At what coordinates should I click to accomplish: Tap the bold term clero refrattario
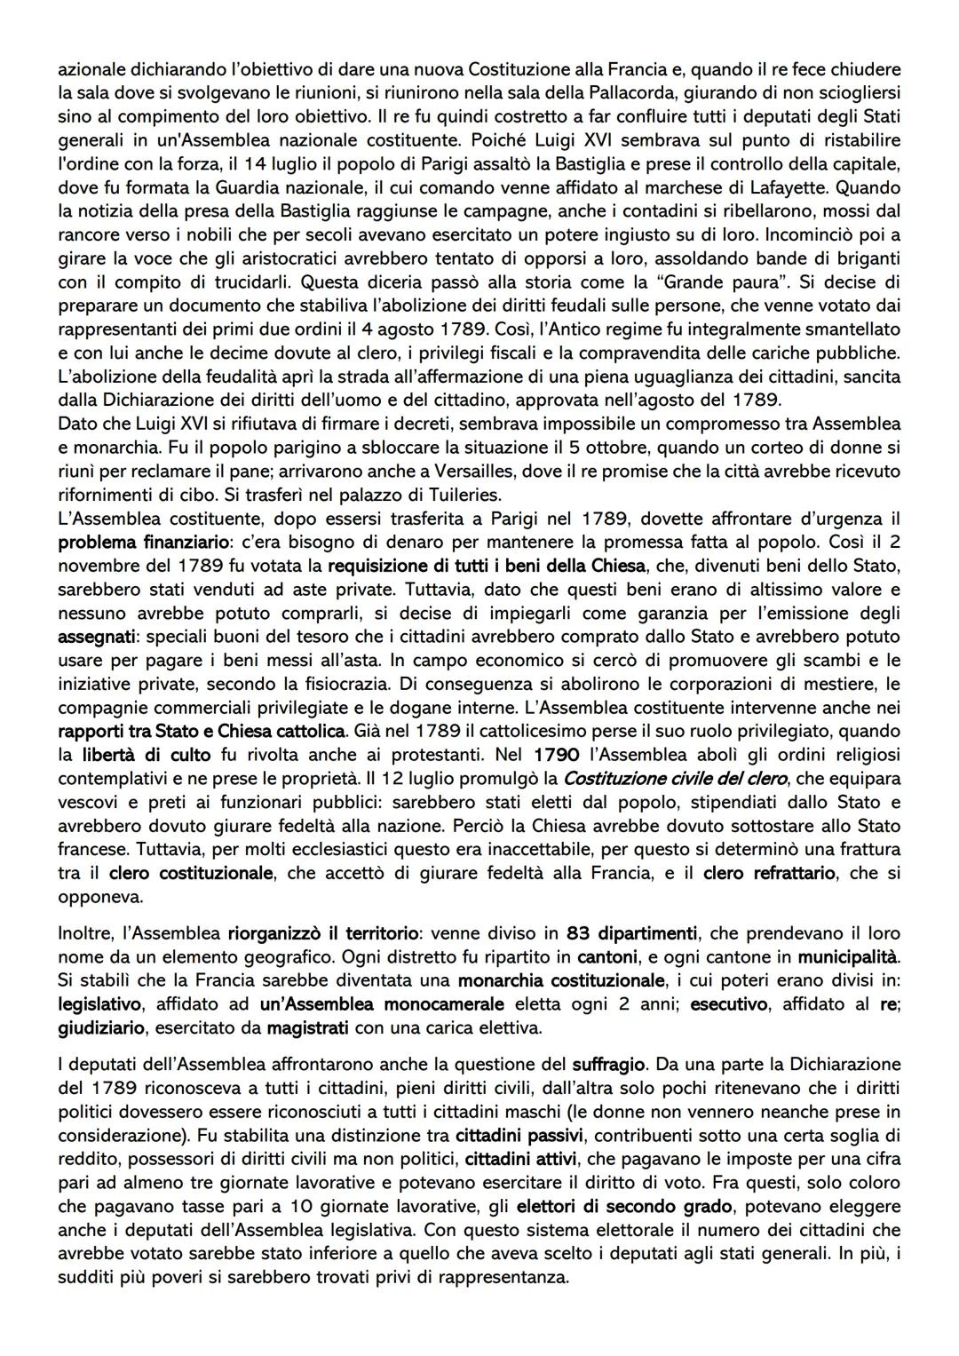click(x=769, y=873)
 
